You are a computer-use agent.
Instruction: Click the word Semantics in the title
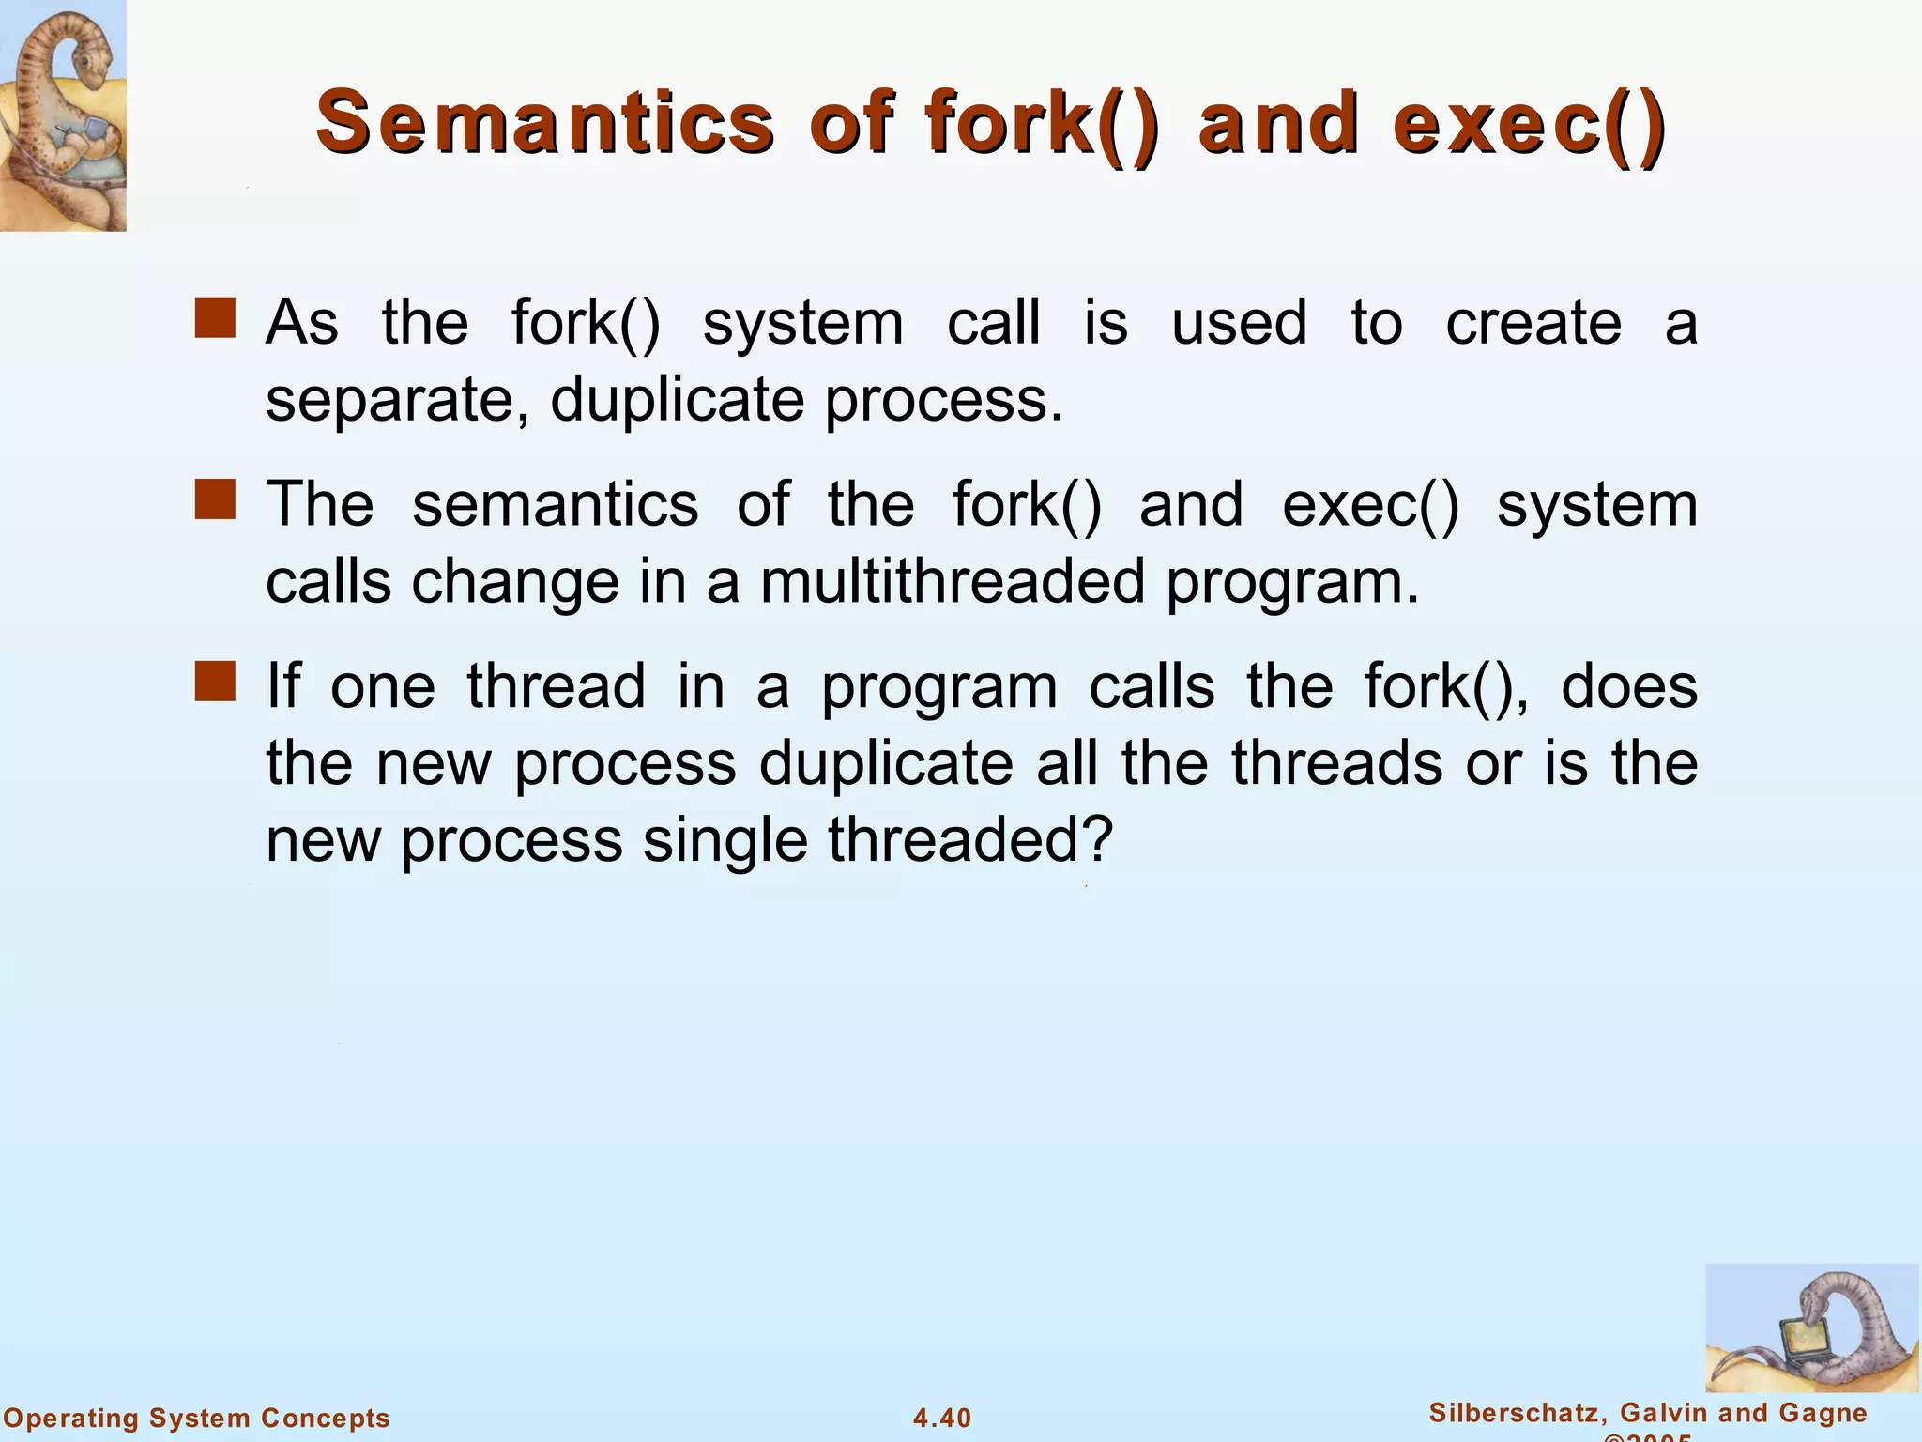click(544, 122)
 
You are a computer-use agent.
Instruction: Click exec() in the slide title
click(1530, 122)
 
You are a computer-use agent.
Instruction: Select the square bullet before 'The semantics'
click(215, 499)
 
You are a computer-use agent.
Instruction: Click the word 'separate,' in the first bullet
click(398, 401)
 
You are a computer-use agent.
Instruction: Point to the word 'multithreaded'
click(952, 581)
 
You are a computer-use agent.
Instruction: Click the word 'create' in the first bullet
click(1533, 323)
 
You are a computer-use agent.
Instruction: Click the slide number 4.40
click(942, 1418)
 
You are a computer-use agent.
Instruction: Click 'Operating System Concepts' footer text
click(197, 1418)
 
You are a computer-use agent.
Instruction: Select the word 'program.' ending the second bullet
click(1292, 581)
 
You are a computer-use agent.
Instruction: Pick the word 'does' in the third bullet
click(1629, 686)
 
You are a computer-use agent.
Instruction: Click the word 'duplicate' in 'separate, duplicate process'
click(677, 401)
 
